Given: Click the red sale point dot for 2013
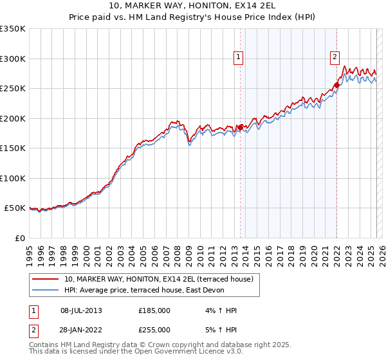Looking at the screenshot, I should pos(240,127).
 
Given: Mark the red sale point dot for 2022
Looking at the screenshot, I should pos(337,85).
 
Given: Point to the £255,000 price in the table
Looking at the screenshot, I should pos(154,329).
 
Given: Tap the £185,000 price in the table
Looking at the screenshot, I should pos(154,310).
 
